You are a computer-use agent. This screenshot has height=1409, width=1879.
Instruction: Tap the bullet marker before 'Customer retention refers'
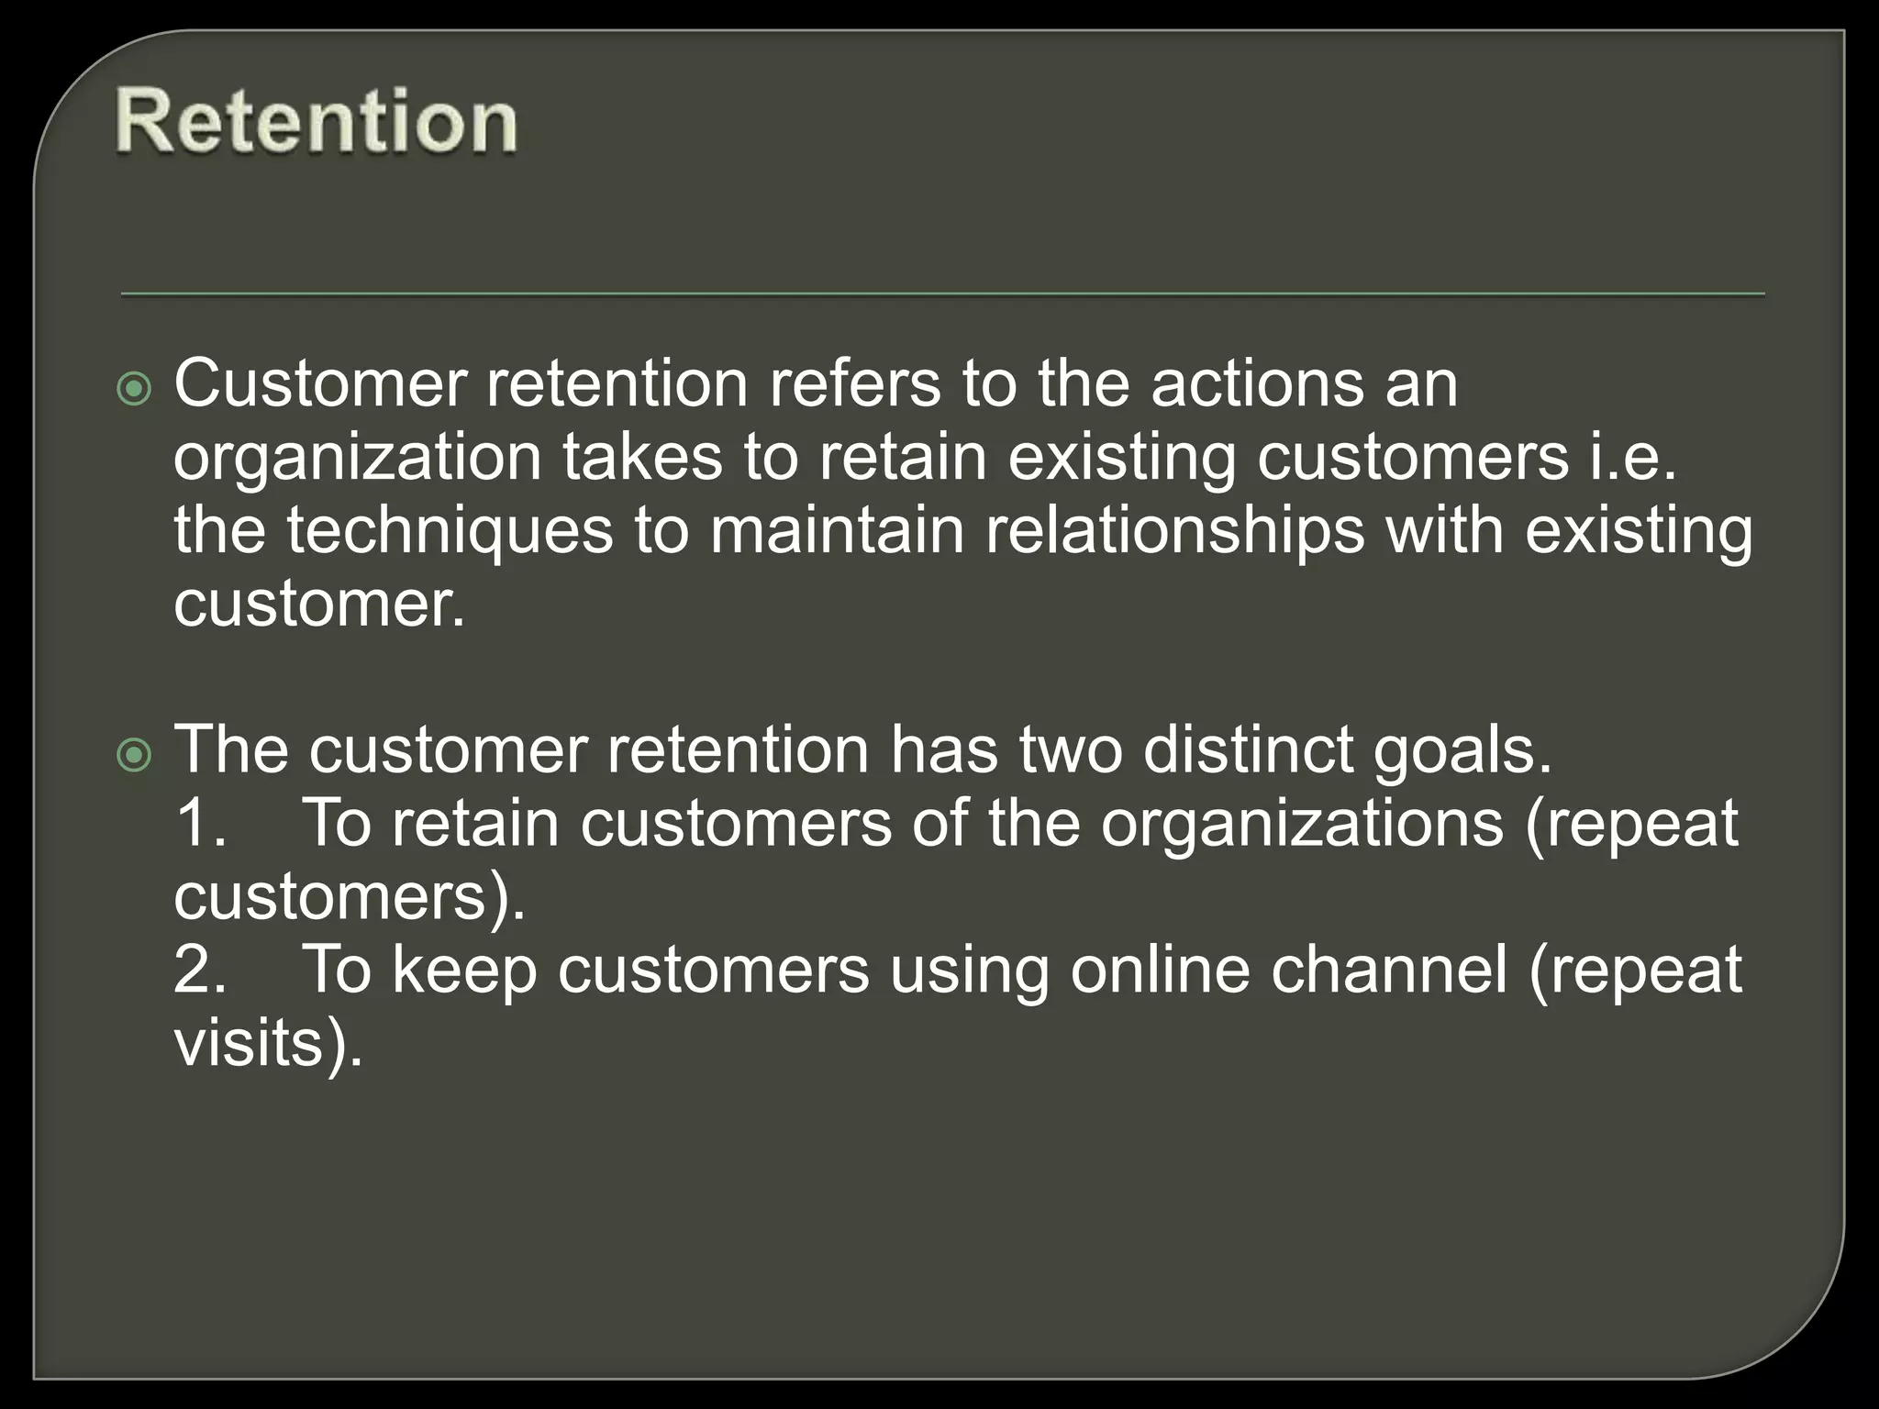135,391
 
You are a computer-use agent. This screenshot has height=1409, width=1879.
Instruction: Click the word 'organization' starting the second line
357,459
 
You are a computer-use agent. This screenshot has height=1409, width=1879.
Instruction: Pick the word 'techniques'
450,532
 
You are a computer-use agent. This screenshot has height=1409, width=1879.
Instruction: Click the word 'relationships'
1174,532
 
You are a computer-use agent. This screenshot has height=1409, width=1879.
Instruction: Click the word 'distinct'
1248,749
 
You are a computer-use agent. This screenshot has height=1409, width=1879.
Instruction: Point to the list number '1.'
201,823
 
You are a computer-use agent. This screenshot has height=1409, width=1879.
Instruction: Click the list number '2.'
201,970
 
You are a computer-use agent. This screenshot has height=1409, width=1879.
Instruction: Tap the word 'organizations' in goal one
1302,825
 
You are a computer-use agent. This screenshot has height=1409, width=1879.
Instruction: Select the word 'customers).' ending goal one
350,897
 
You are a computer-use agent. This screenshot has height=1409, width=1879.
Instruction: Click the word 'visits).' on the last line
268,1043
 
